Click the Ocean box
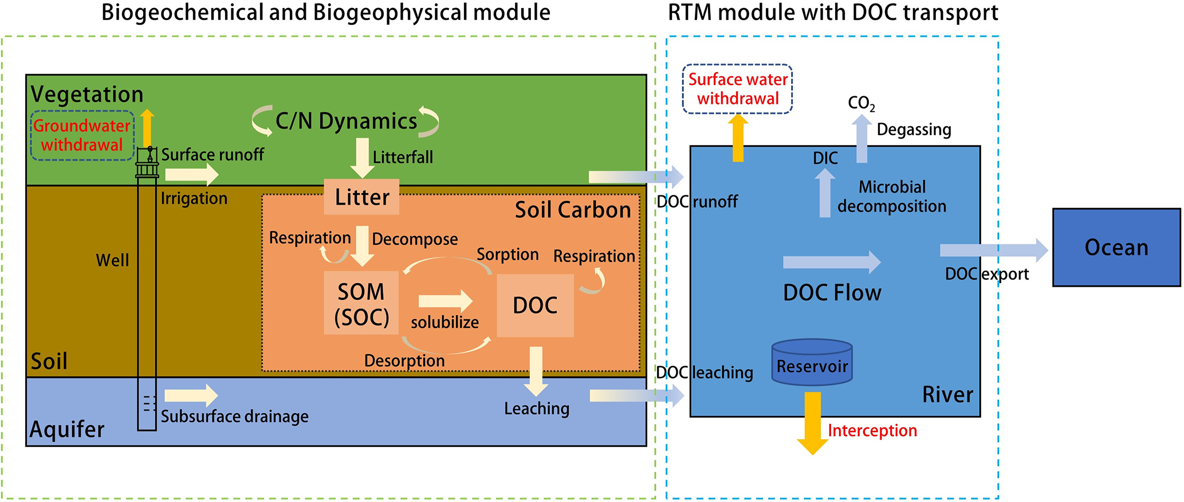point(1116,248)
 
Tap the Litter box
point(361,197)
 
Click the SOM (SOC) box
point(361,303)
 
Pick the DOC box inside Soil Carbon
point(535,305)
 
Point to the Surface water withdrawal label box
point(737,89)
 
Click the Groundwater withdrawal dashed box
point(82,135)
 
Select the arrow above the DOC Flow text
point(831,262)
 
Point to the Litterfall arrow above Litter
point(362,158)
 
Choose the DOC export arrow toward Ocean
point(993,250)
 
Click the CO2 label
point(861,103)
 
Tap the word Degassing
point(914,130)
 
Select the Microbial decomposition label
point(892,197)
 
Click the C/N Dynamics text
point(346,121)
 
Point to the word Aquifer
point(67,429)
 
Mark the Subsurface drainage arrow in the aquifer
point(191,395)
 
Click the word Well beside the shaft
point(112,260)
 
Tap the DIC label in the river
point(825,158)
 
